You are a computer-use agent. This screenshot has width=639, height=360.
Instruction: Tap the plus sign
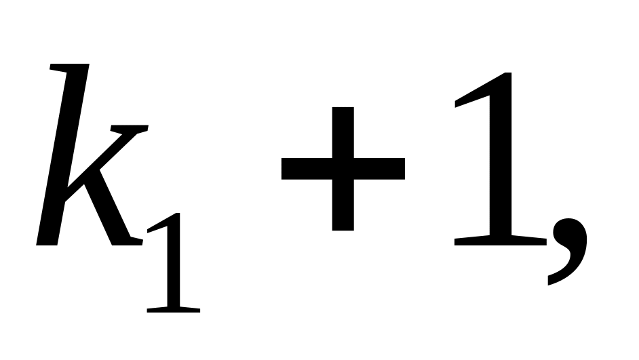coord(343,168)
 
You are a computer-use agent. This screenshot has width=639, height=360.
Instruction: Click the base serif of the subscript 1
coord(174,308)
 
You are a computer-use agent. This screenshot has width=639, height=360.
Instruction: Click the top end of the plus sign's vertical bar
coord(343,110)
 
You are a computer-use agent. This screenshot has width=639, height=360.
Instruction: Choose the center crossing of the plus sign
coord(343,168)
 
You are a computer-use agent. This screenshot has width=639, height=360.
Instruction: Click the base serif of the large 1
coord(501,239)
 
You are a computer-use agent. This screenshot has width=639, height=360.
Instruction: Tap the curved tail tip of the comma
coord(551,281)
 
